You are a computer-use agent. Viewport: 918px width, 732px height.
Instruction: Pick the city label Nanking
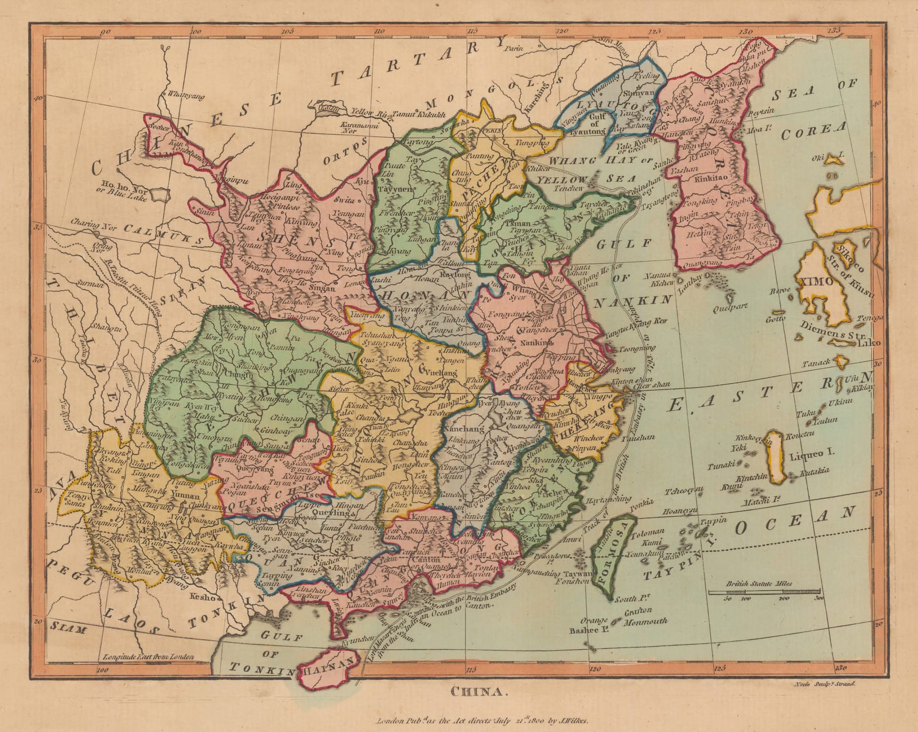(533, 342)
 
